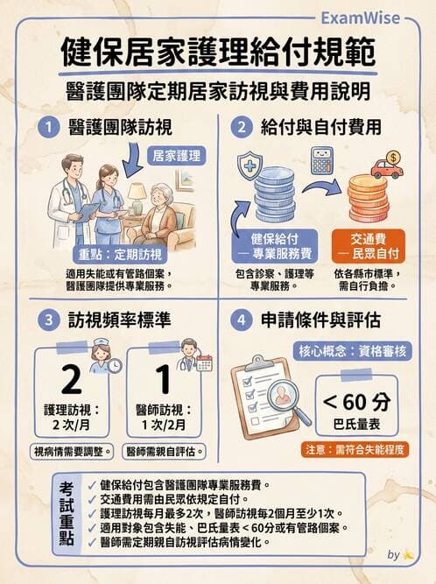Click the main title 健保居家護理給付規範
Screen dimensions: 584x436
tap(218, 54)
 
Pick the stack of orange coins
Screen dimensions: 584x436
tap(368, 197)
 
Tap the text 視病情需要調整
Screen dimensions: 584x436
tap(72, 452)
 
